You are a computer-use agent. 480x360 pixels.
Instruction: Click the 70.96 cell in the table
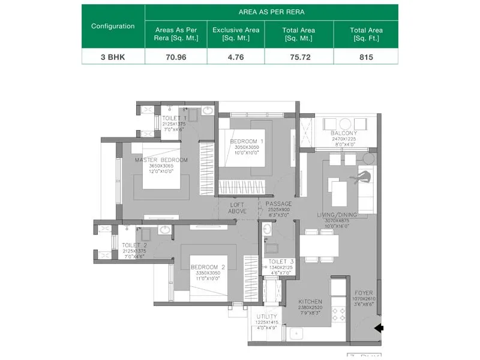[176, 58]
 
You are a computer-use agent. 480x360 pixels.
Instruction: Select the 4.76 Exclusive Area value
[235, 58]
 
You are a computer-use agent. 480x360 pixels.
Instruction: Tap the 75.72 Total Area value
[299, 58]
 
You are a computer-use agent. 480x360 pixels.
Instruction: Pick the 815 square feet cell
[365, 58]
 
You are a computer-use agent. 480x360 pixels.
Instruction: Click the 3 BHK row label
[113, 58]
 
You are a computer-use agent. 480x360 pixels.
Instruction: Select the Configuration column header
[113, 26]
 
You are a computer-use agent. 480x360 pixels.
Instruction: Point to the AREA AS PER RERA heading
[271, 12]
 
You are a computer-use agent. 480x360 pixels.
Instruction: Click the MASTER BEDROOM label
[161, 160]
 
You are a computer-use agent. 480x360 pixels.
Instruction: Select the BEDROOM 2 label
[208, 267]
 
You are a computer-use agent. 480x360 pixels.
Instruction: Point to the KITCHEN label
[310, 302]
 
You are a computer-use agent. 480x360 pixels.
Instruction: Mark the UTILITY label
[266, 316]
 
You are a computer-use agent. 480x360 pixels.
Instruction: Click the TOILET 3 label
[281, 261]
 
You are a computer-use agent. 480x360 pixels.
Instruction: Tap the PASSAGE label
[279, 204]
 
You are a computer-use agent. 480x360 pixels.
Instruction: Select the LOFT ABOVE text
[238, 208]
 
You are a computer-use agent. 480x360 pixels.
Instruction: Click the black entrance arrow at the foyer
[379, 328]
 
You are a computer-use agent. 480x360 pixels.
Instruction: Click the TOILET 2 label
[134, 245]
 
